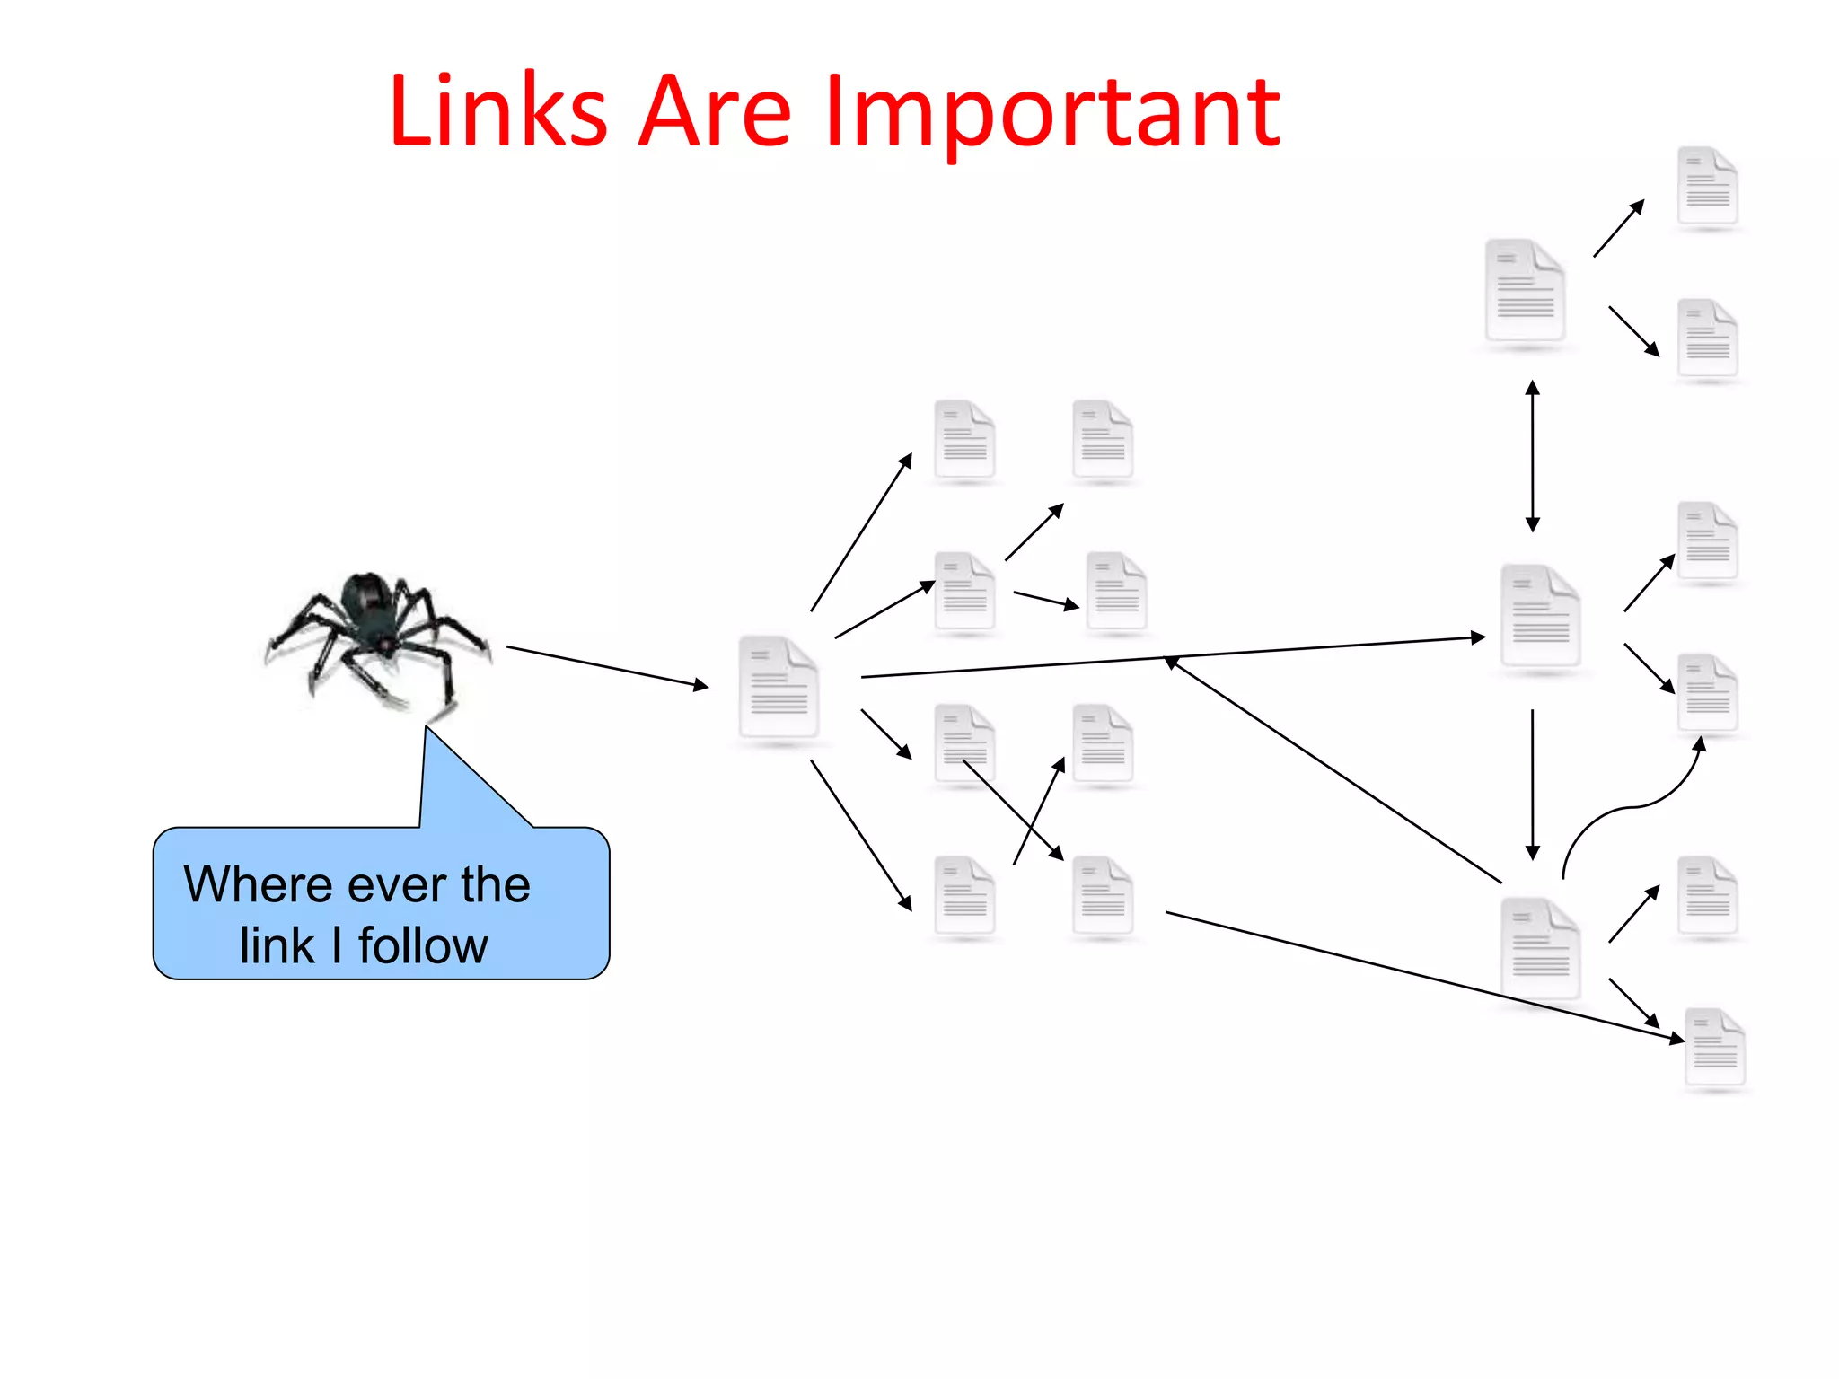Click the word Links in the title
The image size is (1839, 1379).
point(498,112)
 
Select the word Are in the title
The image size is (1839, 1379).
point(714,112)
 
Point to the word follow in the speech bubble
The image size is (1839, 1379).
point(423,945)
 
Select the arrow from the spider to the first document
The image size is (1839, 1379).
point(607,666)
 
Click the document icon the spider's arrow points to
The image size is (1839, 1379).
point(779,688)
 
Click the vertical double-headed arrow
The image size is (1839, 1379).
point(1533,455)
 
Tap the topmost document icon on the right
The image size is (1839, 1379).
point(1708,187)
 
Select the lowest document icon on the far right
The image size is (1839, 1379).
point(1714,1048)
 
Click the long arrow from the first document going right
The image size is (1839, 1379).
point(1167,657)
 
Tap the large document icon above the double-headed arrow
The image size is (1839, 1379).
point(1525,291)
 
